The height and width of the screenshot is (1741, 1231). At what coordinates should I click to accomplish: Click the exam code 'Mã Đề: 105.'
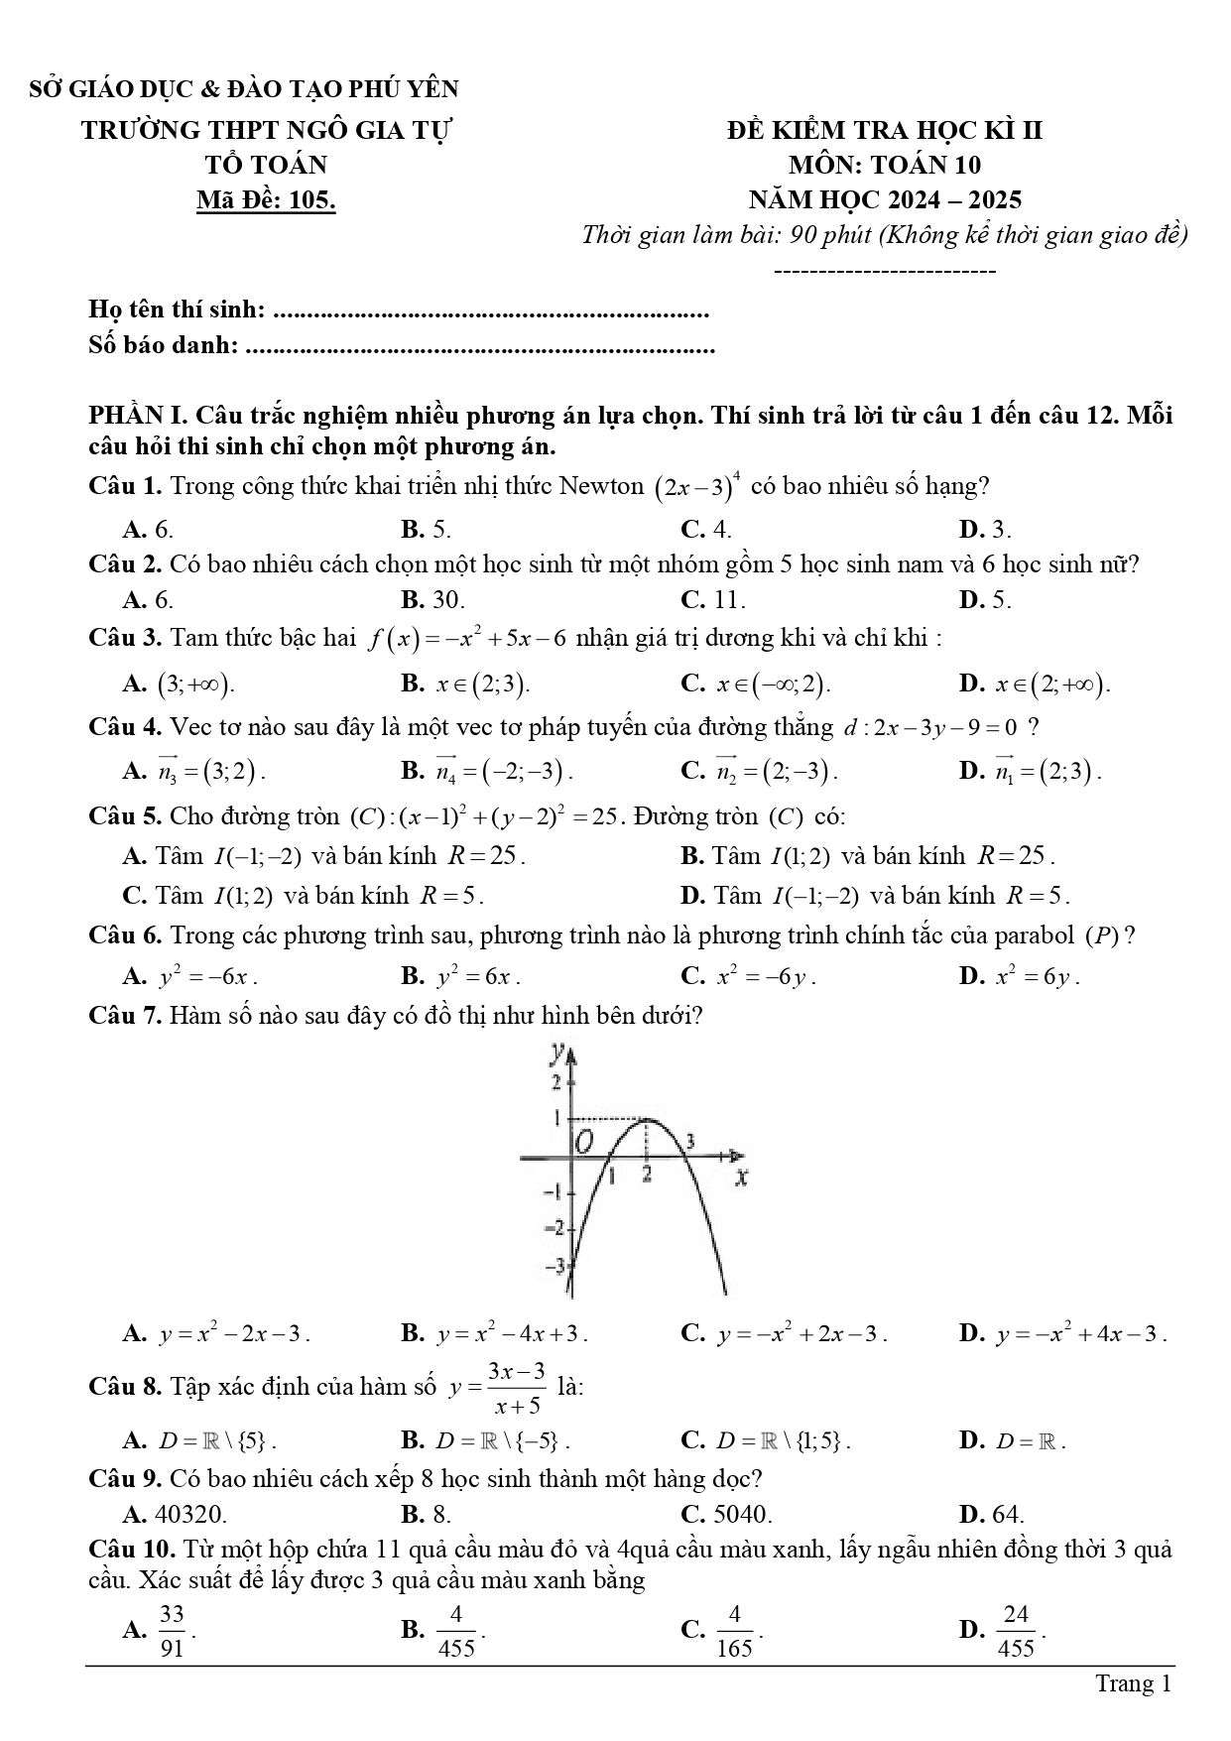pyautogui.click(x=266, y=200)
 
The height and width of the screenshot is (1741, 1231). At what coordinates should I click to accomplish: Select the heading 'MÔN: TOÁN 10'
pyautogui.click(x=884, y=165)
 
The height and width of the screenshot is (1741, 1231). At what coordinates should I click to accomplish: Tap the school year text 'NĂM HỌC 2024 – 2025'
pyautogui.click(x=885, y=200)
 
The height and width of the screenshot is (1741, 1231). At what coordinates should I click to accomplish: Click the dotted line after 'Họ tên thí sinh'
pyautogui.click(x=490, y=313)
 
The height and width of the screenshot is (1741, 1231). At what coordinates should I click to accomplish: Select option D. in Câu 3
pyautogui.click(x=1035, y=684)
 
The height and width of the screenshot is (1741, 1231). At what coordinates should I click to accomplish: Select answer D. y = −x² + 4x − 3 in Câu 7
pyautogui.click(x=1062, y=1334)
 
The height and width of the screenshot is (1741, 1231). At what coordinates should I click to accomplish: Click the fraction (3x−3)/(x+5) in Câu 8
pyautogui.click(x=516, y=1388)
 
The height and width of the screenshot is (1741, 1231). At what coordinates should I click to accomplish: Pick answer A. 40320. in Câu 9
pyautogui.click(x=175, y=1514)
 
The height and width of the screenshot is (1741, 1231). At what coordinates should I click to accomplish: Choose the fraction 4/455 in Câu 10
pyautogui.click(x=456, y=1630)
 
